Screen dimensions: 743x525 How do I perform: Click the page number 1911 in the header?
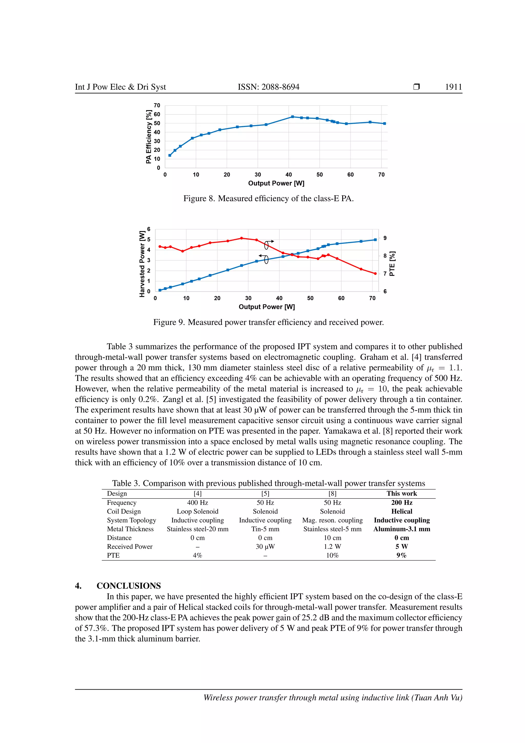pyautogui.click(x=453, y=87)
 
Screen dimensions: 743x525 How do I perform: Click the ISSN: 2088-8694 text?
pyautogui.click(x=268, y=87)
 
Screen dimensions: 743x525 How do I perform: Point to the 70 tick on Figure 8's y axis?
pyautogui.click(x=157, y=105)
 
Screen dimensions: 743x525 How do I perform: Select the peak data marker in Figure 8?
pyautogui.click(x=292, y=116)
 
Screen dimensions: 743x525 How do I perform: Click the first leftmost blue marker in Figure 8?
pyautogui.click(x=170, y=155)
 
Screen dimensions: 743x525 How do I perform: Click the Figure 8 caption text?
pyautogui.click(x=268, y=198)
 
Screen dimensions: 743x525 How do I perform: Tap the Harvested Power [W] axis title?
pyautogui.click(x=142, y=264)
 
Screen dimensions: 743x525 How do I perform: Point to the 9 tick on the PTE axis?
pyautogui.click(x=385, y=238)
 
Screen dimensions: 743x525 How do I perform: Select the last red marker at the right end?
pyautogui.click(x=375, y=273)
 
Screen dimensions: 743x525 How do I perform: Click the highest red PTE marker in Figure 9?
pyautogui.click(x=241, y=238)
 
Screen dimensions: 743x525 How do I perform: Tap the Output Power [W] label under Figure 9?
pyautogui.click(x=267, y=307)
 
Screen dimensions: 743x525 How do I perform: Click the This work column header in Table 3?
pyautogui.click(x=401, y=494)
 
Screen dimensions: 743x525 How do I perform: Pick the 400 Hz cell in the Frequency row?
pyautogui.click(x=198, y=503)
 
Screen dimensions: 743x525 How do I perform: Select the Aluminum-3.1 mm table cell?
pyautogui.click(x=401, y=529)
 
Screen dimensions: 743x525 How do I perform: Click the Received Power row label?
pyautogui.click(x=130, y=546)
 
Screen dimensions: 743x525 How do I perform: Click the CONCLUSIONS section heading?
pyautogui.click(x=128, y=586)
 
